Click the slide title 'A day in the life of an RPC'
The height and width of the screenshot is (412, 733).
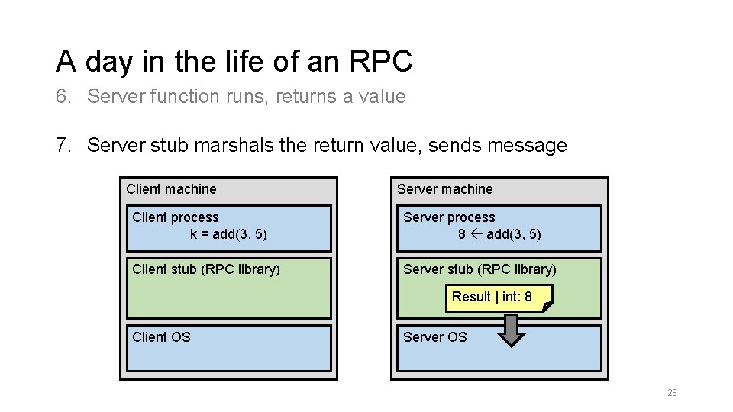[x=234, y=61]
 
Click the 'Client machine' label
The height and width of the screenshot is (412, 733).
[x=171, y=189]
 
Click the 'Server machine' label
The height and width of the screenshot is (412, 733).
[x=445, y=189]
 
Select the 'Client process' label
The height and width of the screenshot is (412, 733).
[x=176, y=217]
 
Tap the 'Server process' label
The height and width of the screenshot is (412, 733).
[x=449, y=217]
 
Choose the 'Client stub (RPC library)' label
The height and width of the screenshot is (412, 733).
[x=206, y=269]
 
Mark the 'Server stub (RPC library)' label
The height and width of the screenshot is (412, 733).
[x=480, y=269]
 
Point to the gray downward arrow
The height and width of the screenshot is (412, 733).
[x=511, y=330]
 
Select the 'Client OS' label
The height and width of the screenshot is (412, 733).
[x=161, y=337]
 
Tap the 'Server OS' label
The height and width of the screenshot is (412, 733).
[x=434, y=337]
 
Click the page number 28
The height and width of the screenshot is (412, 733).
[x=672, y=393]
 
